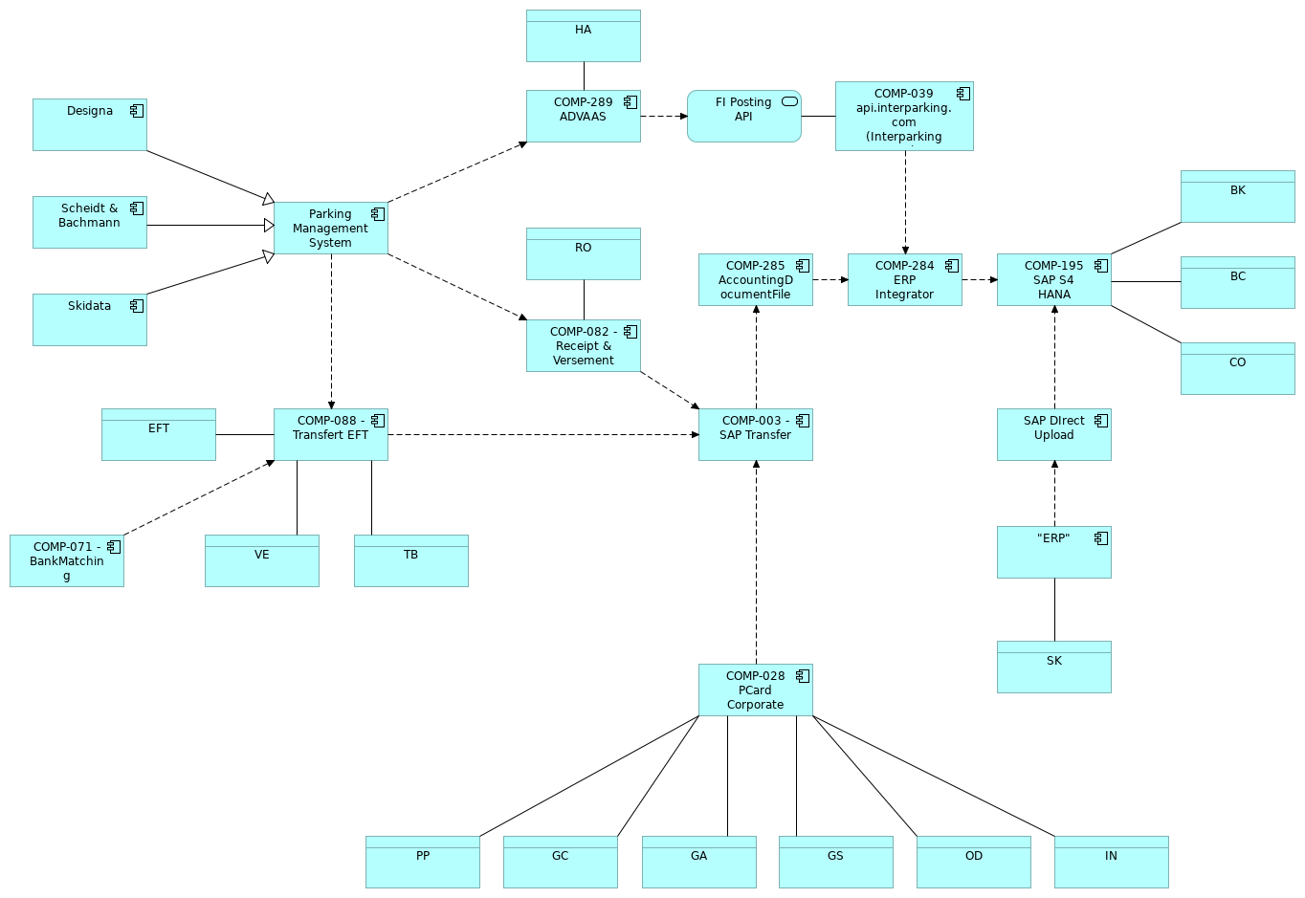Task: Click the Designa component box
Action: pyautogui.click(x=89, y=124)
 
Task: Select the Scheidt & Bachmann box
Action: pyautogui.click(x=89, y=222)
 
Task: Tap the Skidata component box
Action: pyautogui.click(x=89, y=319)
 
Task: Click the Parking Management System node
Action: pyautogui.click(x=330, y=229)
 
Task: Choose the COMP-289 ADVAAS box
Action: pyautogui.click(x=583, y=116)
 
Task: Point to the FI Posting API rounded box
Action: pyautogui.click(x=743, y=116)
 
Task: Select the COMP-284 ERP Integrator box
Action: pyautogui.click(x=904, y=279)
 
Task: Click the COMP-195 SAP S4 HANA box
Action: pyautogui.click(x=1053, y=279)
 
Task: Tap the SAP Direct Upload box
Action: pyautogui.click(x=1053, y=434)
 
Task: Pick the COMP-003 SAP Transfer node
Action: pyautogui.click(x=755, y=434)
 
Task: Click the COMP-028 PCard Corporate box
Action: pyautogui.click(x=755, y=690)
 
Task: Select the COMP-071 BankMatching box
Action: pyautogui.click(x=66, y=560)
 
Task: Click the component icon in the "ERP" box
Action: pyautogui.click(x=1101, y=538)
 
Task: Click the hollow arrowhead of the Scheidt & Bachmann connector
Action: pyautogui.click(x=269, y=226)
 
